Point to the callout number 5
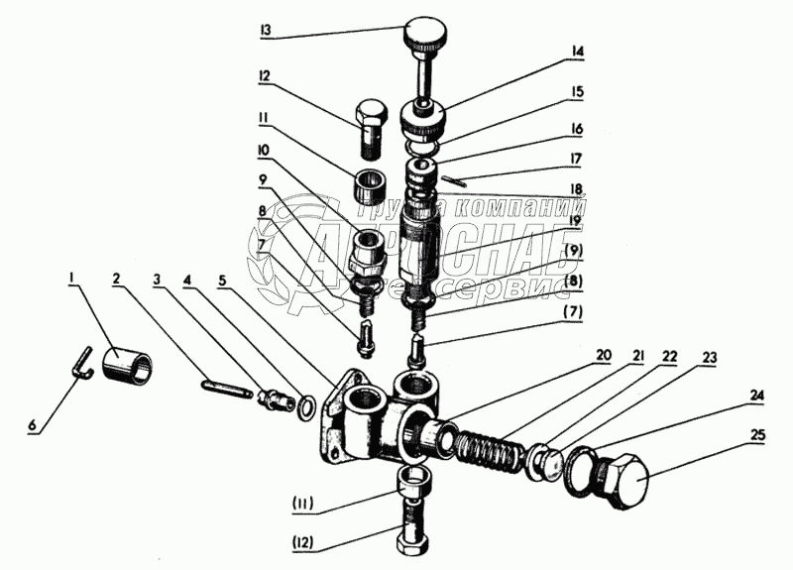pyautogui.click(x=222, y=280)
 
